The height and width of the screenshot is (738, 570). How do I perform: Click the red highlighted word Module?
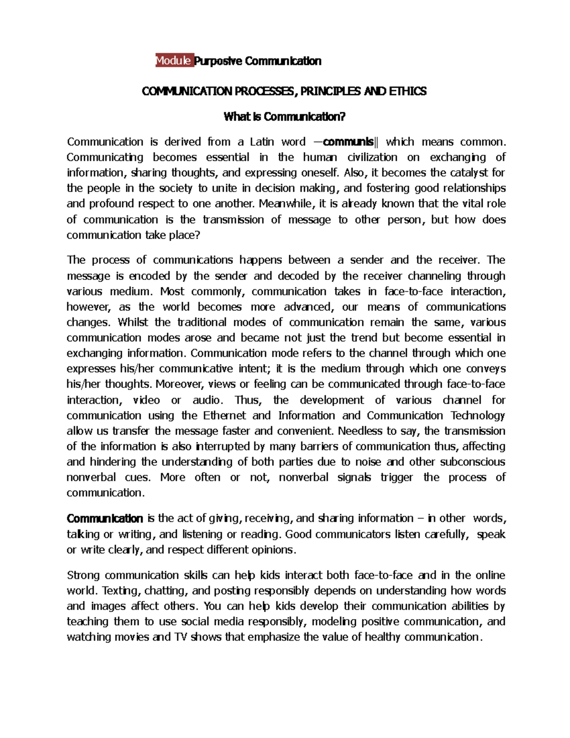tap(174, 61)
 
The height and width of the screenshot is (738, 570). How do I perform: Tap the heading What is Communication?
tap(285, 116)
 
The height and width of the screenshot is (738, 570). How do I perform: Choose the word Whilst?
tap(133, 322)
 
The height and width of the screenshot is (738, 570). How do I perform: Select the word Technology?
tap(477, 415)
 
